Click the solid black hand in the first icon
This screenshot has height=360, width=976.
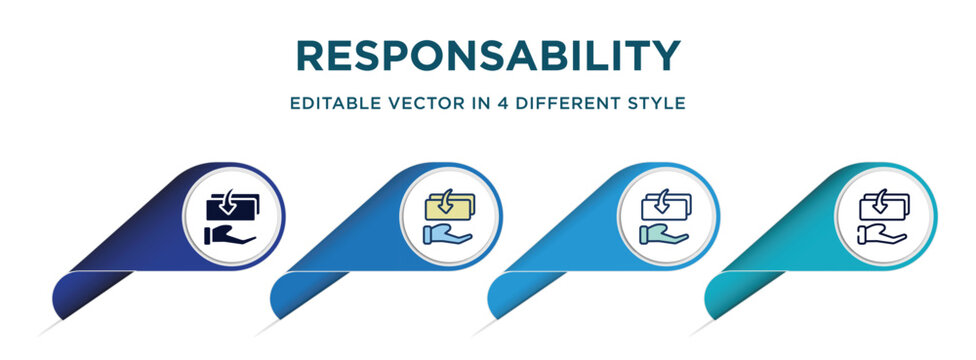click(x=229, y=235)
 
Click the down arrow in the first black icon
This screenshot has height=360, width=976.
click(x=229, y=204)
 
